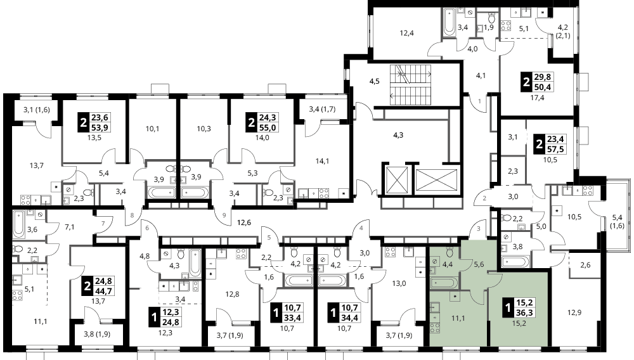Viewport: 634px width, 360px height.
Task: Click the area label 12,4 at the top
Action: pyautogui.click(x=407, y=33)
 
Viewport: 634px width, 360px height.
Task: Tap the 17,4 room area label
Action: pyautogui.click(x=538, y=98)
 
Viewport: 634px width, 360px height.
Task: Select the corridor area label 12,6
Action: pyautogui.click(x=244, y=222)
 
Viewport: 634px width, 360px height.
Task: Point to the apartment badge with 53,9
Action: pyautogui.click(x=95, y=122)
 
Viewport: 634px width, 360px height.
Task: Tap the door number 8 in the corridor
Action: pyautogui.click(x=132, y=215)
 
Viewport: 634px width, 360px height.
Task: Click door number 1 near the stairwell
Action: pyautogui.click(x=480, y=101)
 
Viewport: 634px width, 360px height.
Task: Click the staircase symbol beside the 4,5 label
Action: pyautogui.click(x=410, y=86)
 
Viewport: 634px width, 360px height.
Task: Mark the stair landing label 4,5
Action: pyautogui.click(x=375, y=81)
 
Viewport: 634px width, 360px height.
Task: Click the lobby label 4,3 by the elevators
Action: pyautogui.click(x=398, y=136)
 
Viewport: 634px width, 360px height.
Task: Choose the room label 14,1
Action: pyautogui.click(x=322, y=161)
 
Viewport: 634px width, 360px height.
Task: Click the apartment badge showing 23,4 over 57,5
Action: pyautogui.click(x=551, y=145)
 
